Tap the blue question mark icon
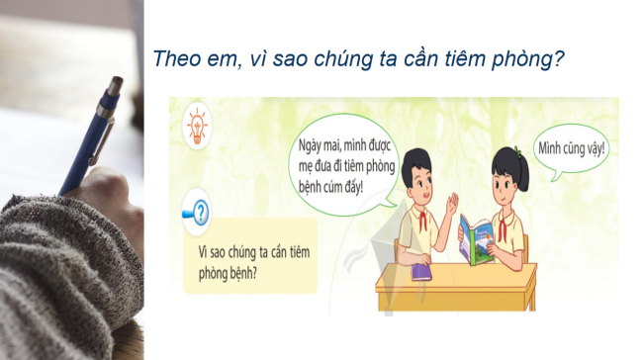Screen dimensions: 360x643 coord(201,212)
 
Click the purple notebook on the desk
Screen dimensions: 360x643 coord(419,268)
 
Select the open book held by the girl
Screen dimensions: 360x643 coord(480,238)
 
